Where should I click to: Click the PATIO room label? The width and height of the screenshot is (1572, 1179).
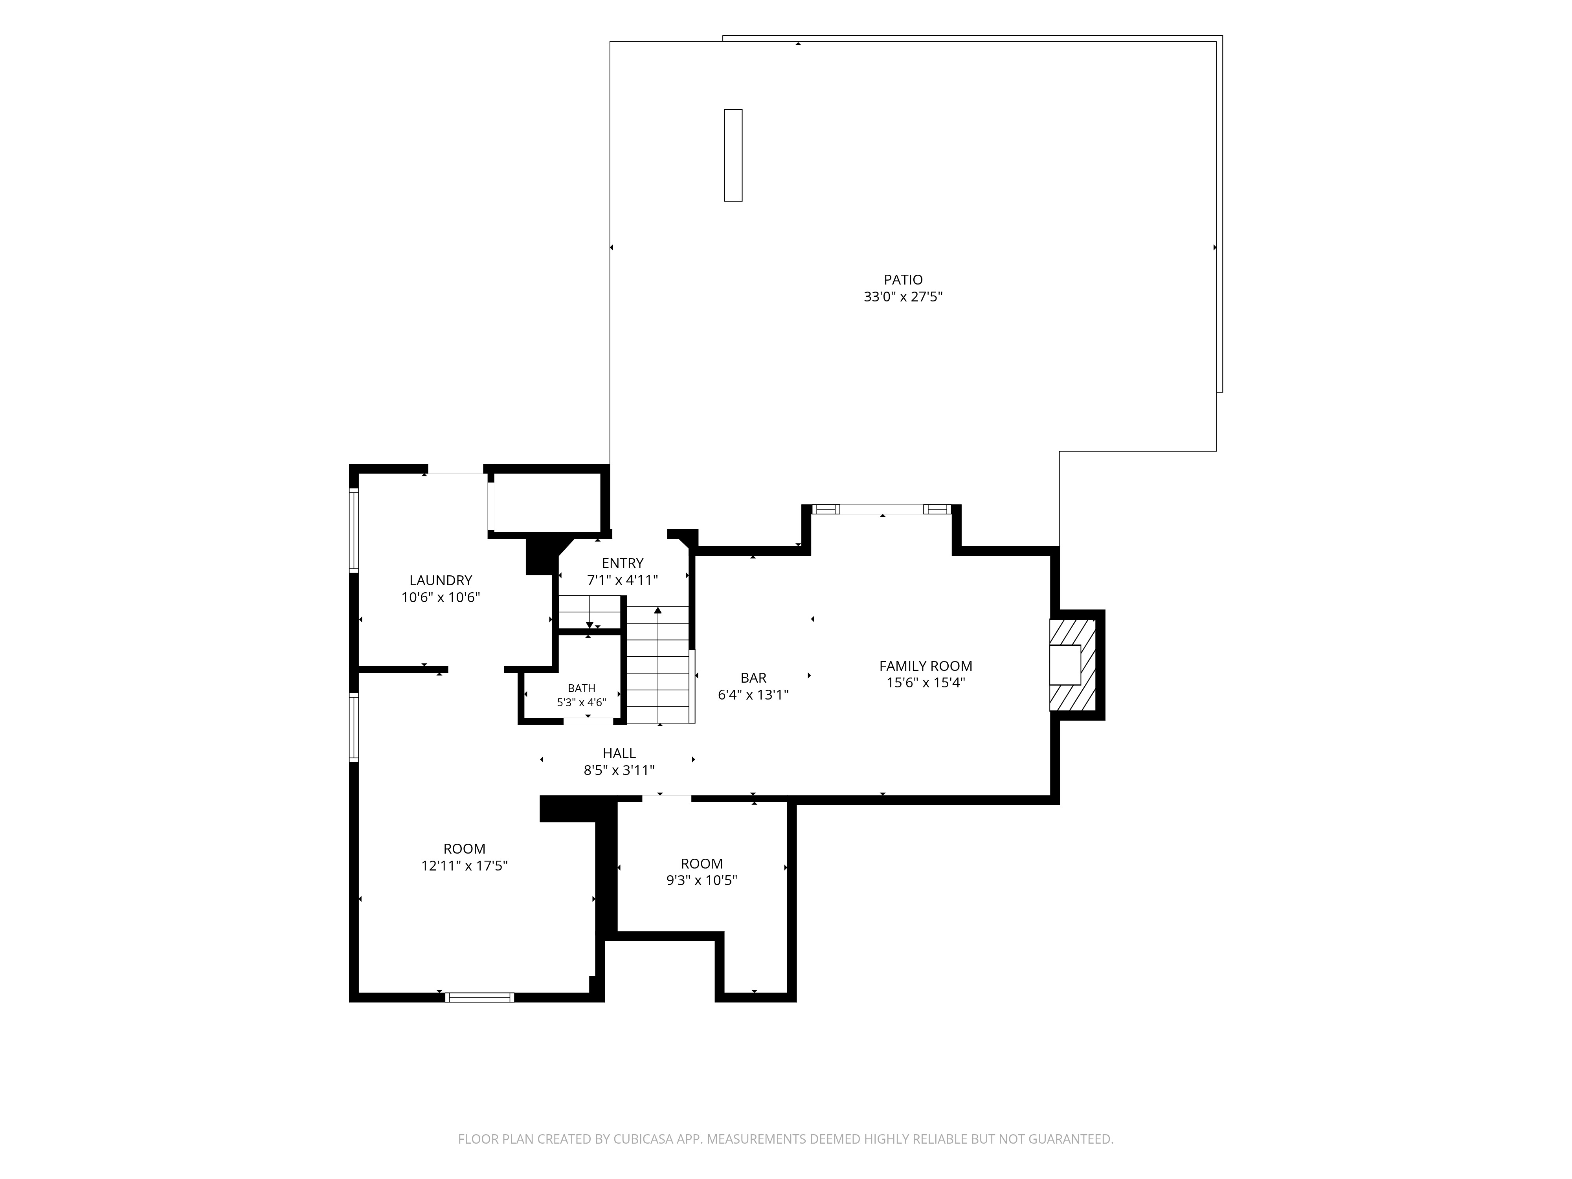(903, 280)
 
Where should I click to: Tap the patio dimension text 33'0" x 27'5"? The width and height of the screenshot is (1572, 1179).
(903, 297)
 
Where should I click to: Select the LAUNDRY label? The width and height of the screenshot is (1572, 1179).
(441, 580)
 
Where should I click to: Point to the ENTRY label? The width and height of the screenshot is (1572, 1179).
(623, 564)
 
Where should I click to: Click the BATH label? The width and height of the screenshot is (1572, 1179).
(581, 688)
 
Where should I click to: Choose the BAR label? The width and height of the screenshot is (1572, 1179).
(753, 678)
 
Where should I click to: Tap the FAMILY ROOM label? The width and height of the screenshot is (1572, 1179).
(925, 666)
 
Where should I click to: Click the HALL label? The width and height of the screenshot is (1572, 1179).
(619, 753)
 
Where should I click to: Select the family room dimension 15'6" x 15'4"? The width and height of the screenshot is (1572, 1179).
(925, 683)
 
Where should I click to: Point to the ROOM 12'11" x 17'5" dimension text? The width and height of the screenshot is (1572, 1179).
(465, 866)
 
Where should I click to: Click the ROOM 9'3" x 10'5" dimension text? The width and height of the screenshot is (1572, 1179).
(702, 881)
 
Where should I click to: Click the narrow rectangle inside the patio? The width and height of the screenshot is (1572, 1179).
(733, 155)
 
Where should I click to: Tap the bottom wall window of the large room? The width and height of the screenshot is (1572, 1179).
(480, 997)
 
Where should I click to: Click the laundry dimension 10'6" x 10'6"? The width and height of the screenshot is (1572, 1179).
(441, 598)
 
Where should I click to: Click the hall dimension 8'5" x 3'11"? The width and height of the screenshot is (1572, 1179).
(619, 770)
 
